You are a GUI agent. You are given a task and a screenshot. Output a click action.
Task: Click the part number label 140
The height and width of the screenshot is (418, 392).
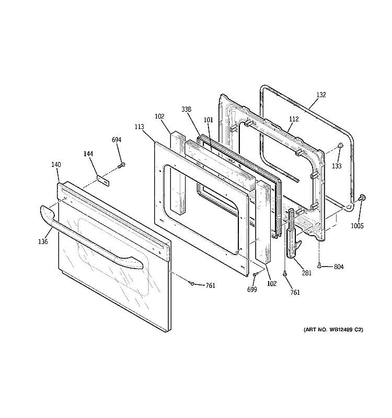(x=56, y=165)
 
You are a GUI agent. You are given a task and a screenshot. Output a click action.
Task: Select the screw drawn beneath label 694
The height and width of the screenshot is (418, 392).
(x=121, y=165)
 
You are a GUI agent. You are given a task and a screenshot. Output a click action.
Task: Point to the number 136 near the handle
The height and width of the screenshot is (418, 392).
(x=43, y=241)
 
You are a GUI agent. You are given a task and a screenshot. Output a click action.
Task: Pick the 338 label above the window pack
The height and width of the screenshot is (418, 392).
(x=186, y=109)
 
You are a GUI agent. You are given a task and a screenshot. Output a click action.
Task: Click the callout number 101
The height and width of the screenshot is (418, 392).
(x=208, y=120)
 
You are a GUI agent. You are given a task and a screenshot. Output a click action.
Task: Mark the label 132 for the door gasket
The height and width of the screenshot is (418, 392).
(x=321, y=95)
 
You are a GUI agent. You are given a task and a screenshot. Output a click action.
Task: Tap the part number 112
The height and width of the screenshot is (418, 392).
(x=293, y=119)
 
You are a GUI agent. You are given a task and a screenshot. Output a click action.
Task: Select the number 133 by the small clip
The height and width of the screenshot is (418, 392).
(x=337, y=166)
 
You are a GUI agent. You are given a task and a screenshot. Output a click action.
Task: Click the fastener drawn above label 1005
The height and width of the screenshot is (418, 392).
(x=362, y=198)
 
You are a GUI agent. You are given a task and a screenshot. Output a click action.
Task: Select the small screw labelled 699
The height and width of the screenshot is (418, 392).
(x=255, y=274)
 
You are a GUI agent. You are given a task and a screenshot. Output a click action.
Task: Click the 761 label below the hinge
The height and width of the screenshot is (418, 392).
(x=295, y=292)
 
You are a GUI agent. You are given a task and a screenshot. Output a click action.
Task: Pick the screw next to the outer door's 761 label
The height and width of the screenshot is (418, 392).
(x=192, y=283)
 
